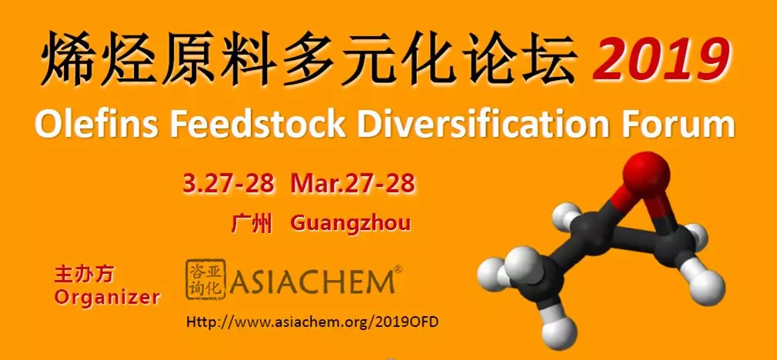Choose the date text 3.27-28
click(x=228, y=184)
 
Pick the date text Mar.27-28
click(x=353, y=184)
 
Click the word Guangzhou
click(x=350, y=224)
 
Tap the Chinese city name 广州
click(x=252, y=223)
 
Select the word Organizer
click(x=108, y=297)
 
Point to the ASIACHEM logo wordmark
click(x=312, y=282)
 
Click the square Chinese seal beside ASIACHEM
click(x=205, y=279)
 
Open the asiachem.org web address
click(x=312, y=322)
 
